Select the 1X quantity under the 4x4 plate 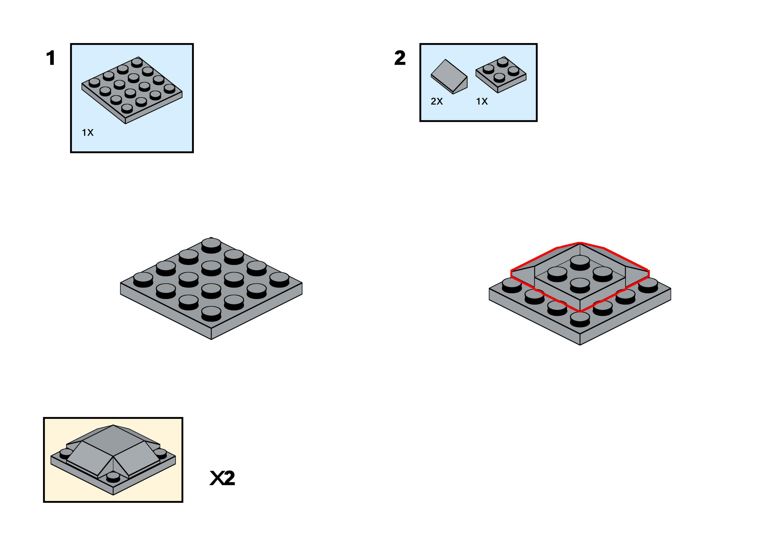tap(88, 133)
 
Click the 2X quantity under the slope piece tap(437, 101)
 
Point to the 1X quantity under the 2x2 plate tap(482, 101)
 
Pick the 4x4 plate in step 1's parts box tap(132, 90)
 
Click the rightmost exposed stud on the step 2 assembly tap(648, 285)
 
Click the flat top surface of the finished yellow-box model tap(113, 439)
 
